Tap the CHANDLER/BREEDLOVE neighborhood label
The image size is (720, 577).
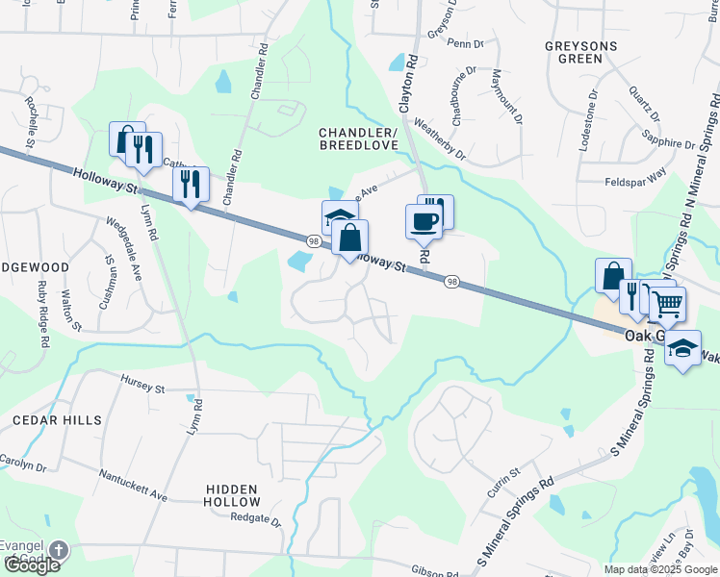(359, 138)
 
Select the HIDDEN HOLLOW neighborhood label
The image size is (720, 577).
(233, 495)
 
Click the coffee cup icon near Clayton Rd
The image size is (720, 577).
(424, 222)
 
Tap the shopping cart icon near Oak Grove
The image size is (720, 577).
(668, 305)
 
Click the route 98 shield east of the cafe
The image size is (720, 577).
(451, 282)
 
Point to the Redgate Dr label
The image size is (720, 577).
(256, 521)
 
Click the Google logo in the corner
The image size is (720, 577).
(32, 565)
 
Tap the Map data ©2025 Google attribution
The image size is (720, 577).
(660, 569)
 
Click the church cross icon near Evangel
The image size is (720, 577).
(58, 551)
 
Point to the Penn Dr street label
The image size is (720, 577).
(465, 44)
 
